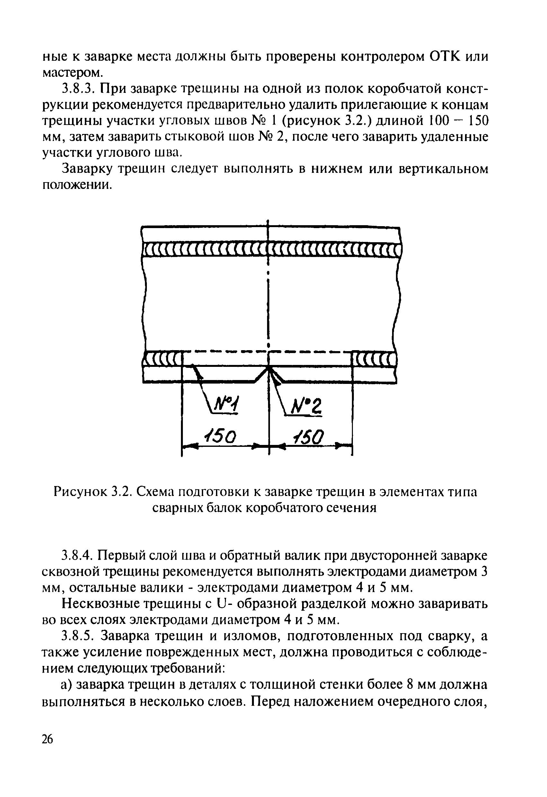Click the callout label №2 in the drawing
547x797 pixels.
[x=307, y=408]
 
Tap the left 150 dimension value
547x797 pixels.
[x=220, y=437]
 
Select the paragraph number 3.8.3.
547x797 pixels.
[x=78, y=89]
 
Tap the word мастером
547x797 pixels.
[x=72, y=73]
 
